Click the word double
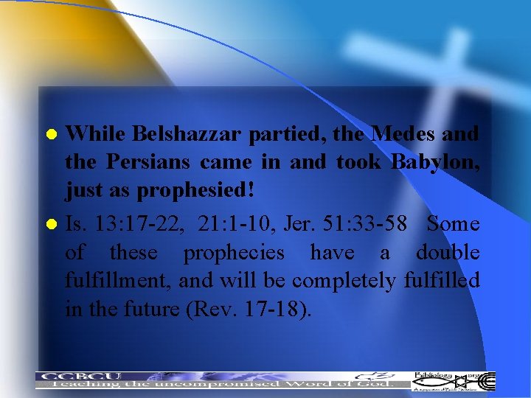448,252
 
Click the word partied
285,134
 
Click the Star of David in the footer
461,381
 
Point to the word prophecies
233,253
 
